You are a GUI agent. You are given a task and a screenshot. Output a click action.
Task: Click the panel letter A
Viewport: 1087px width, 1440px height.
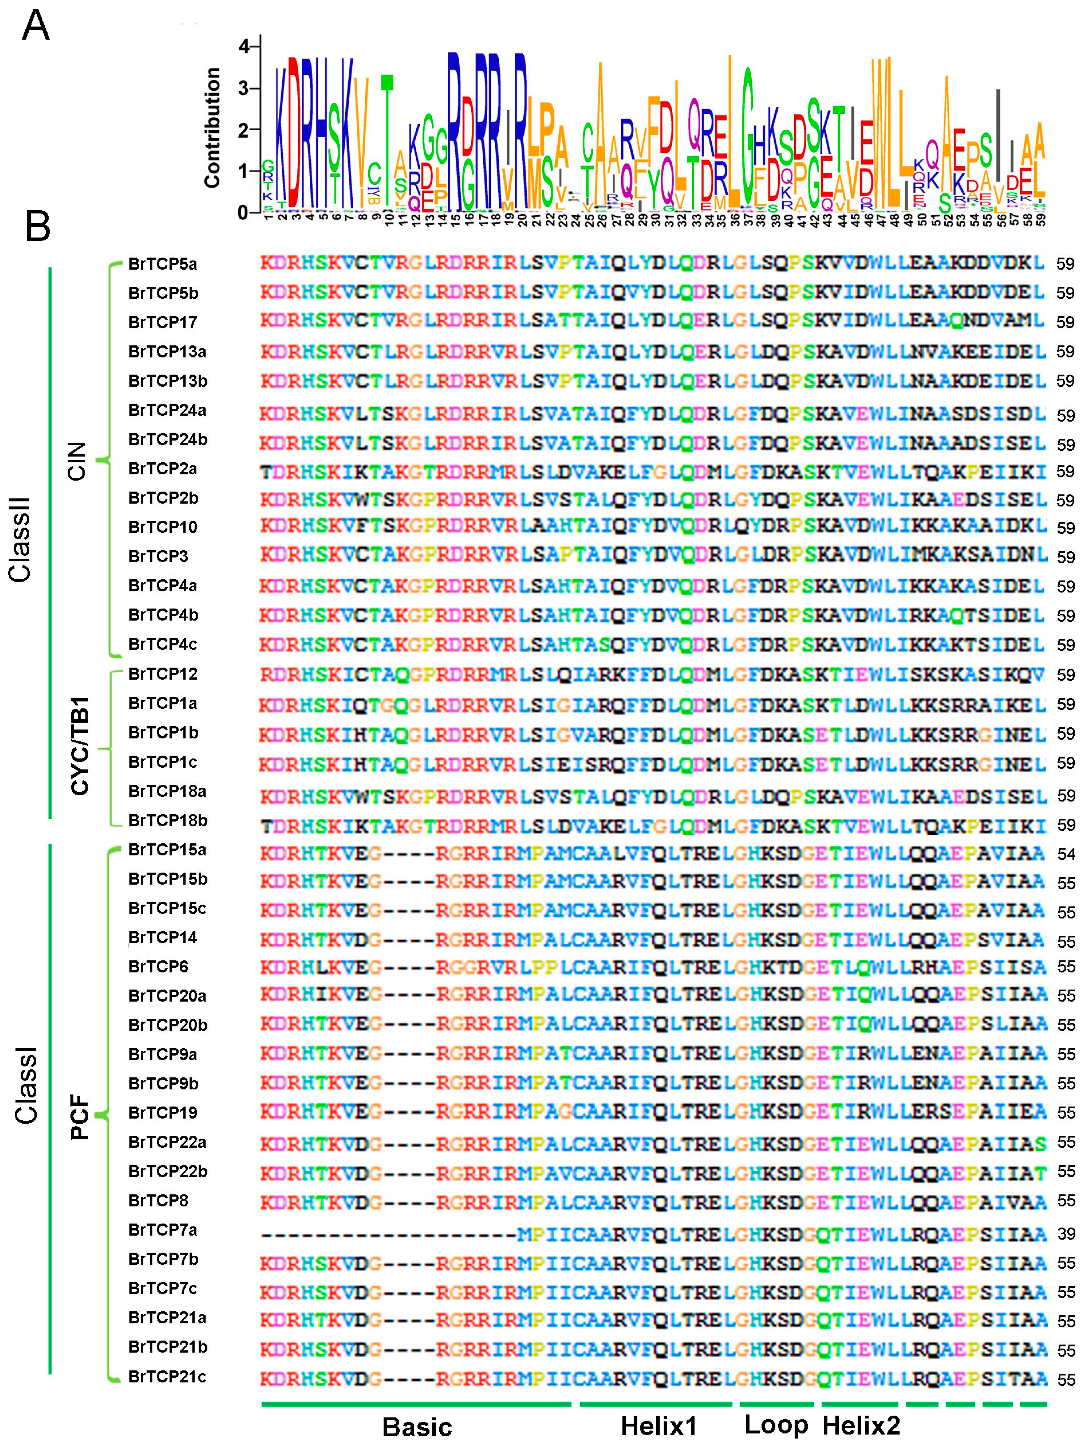36,27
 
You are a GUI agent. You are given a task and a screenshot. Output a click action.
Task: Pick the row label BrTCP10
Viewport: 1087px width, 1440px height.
163,527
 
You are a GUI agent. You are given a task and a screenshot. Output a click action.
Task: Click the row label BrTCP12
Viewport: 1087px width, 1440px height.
163,674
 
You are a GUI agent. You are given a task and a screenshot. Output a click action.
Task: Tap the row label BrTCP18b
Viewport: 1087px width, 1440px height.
168,820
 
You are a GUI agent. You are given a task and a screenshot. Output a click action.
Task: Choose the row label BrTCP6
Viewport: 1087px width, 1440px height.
158,967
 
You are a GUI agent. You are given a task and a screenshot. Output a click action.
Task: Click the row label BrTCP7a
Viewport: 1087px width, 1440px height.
163,1230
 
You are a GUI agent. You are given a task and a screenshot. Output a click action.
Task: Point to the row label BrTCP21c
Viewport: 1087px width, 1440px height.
167,1377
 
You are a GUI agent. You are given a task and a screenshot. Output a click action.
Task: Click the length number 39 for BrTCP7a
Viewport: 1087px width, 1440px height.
1065,1234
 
